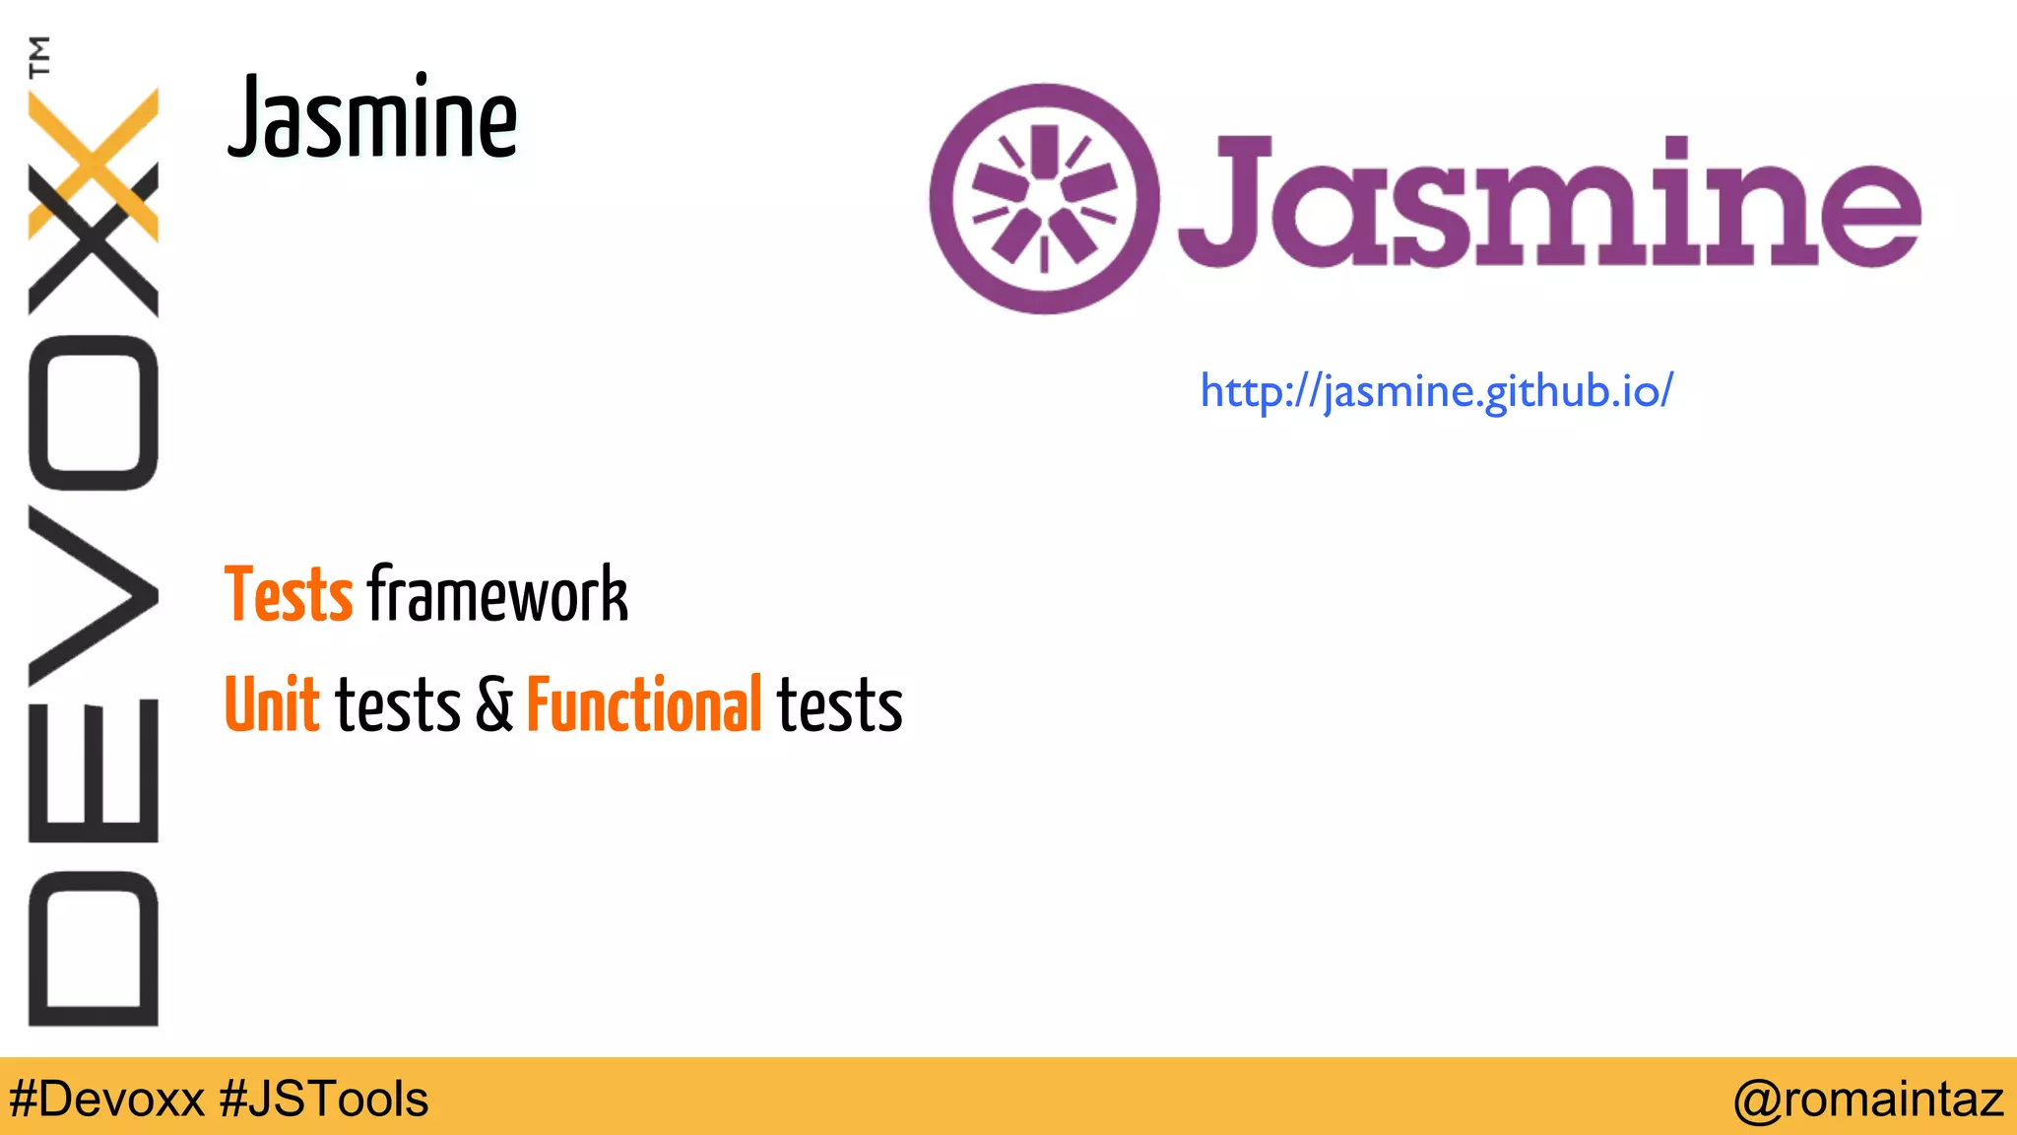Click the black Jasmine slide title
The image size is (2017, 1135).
pos(372,118)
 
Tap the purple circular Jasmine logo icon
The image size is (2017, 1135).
pos(1044,199)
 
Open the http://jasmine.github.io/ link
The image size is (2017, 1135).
pos(1436,392)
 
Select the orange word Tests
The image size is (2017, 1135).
pos(288,594)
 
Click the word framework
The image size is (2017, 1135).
pos(497,594)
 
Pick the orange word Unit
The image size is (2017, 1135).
pos(272,704)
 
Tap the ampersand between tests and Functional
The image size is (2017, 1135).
pos(494,704)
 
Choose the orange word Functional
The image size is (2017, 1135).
pos(644,704)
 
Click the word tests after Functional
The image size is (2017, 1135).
pos(839,704)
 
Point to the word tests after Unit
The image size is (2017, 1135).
pos(398,704)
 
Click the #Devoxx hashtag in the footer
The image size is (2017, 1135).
pos(106,1099)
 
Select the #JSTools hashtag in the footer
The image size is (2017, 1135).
pos(324,1099)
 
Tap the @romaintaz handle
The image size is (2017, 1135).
pos(1868,1099)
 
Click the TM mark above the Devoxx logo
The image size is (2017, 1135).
pos(39,56)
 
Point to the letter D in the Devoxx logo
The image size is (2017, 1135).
pos(94,949)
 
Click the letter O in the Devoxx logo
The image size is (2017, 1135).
pos(94,413)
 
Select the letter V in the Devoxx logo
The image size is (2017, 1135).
pos(94,595)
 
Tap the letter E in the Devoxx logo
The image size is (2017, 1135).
pos(94,770)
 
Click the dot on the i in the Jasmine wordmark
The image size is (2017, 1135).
pos(1675,149)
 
